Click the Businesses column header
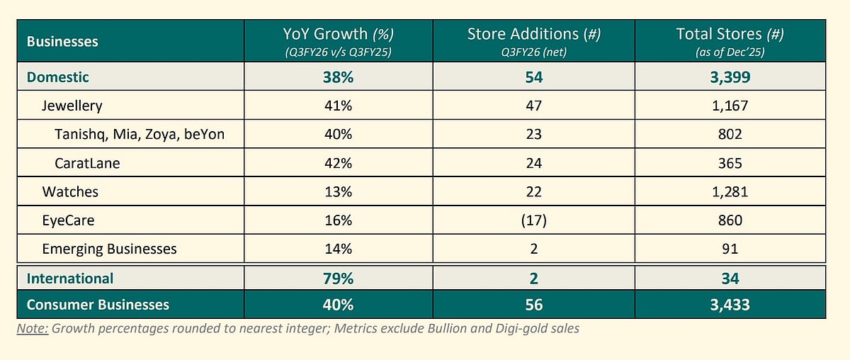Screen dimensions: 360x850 (x=62, y=42)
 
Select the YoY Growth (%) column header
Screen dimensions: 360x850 (x=337, y=34)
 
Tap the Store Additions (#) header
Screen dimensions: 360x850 (x=533, y=34)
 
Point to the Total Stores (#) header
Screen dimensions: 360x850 (x=730, y=34)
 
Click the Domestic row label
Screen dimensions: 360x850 (x=58, y=77)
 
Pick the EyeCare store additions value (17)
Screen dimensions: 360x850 (x=533, y=220)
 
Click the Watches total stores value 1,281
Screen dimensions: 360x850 (x=730, y=192)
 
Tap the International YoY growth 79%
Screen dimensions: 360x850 (x=337, y=279)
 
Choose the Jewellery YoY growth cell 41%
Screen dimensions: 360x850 (x=337, y=106)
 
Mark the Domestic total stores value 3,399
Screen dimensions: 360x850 (x=730, y=77)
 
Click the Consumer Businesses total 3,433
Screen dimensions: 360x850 (x=730, y=305)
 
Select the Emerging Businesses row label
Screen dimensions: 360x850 (x=109, y=249)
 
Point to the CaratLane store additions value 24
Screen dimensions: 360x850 (x=533, y=163)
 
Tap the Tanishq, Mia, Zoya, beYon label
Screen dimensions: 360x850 (x=140, y=135)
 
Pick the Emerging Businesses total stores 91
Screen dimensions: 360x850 (x=730, y=249)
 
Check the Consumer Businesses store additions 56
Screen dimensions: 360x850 (x=533, y=305)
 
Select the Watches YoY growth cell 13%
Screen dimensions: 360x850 (x=337, y=192)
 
